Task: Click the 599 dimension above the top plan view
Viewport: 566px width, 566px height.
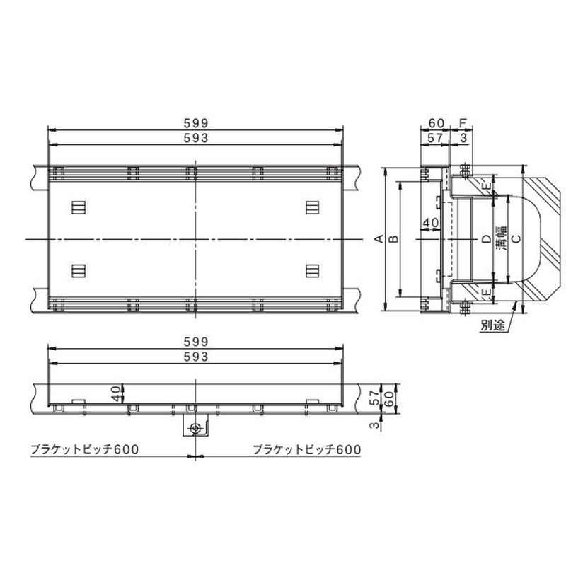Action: pos(196,123)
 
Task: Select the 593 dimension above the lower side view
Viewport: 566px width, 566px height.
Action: pos(196,357)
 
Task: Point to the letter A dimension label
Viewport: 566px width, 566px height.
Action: pos(379,238)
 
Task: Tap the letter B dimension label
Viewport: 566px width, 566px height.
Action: pos(394,238)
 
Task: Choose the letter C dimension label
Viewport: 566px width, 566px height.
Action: pos(516,238)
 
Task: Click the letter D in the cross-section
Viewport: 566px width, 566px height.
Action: pos(486,238)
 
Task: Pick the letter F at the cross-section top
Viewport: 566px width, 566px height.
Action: pos(463,123)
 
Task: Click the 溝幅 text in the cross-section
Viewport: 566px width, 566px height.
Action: pos(501,238)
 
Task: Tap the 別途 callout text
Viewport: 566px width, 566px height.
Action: pos(492,325)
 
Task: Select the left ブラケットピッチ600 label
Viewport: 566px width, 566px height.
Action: pos(84,449)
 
